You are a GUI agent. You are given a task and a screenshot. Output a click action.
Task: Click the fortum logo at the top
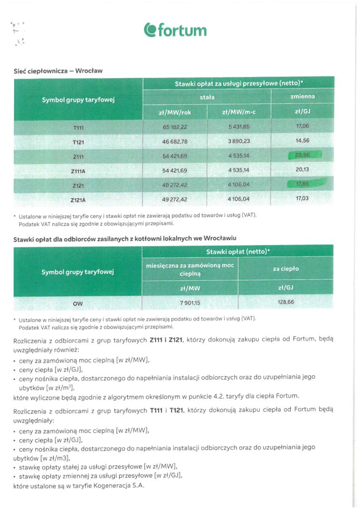175,30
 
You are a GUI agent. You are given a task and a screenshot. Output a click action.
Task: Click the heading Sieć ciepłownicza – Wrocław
58,71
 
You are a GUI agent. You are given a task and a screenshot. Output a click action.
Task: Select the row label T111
79,127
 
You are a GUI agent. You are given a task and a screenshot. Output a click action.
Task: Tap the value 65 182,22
175,127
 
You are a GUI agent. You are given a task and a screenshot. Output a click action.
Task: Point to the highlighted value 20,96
303,155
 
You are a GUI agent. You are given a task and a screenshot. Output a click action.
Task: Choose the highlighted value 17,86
303,183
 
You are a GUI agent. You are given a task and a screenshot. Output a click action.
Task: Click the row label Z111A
79,170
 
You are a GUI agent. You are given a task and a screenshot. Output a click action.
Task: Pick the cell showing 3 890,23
239,141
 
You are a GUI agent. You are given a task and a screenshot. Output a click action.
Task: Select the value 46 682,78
175,141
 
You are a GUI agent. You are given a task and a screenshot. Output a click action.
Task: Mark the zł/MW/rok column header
175,112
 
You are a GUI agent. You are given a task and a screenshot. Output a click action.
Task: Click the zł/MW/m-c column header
239,112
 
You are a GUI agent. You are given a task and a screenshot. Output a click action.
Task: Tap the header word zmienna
303,96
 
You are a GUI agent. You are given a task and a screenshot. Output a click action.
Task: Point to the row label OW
79,302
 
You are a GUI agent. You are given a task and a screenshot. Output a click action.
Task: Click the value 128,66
285,302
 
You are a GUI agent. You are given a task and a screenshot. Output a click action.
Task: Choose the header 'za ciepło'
285,269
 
